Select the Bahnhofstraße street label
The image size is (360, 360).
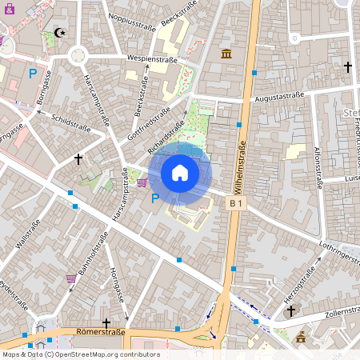(x=88, y=260)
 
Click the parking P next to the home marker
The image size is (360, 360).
(x=154, y=198)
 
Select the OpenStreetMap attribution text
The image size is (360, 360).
(x=81, y=354)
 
